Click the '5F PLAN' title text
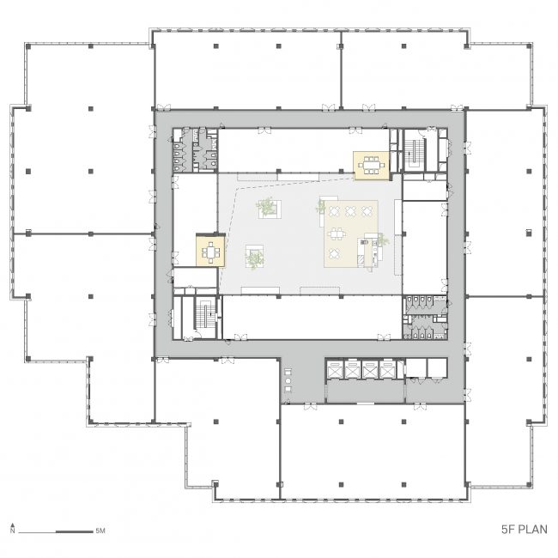tap(525, 529)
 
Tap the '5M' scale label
tap(100, 531)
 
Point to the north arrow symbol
tap(13, 528)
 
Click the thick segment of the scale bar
tap(75, 531)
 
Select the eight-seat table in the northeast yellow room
tap(371, 166)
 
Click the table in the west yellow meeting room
tap(210, 252)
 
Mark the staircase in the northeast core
tap(415, 154)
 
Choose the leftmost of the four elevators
tap(335, 370)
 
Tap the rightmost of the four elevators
tap(387, 370)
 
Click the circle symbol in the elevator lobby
tap(288, 380)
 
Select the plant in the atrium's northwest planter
tap(266, 207)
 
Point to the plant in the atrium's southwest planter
tap(254, 258)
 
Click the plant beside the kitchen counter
tap(383, 240)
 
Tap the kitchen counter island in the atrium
tap(369, 251)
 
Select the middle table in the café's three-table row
tap(350, 211)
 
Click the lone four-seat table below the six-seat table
tap(334, 254)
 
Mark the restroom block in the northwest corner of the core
tap(196, 150)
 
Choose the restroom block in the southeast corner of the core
tap(425, 318)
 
